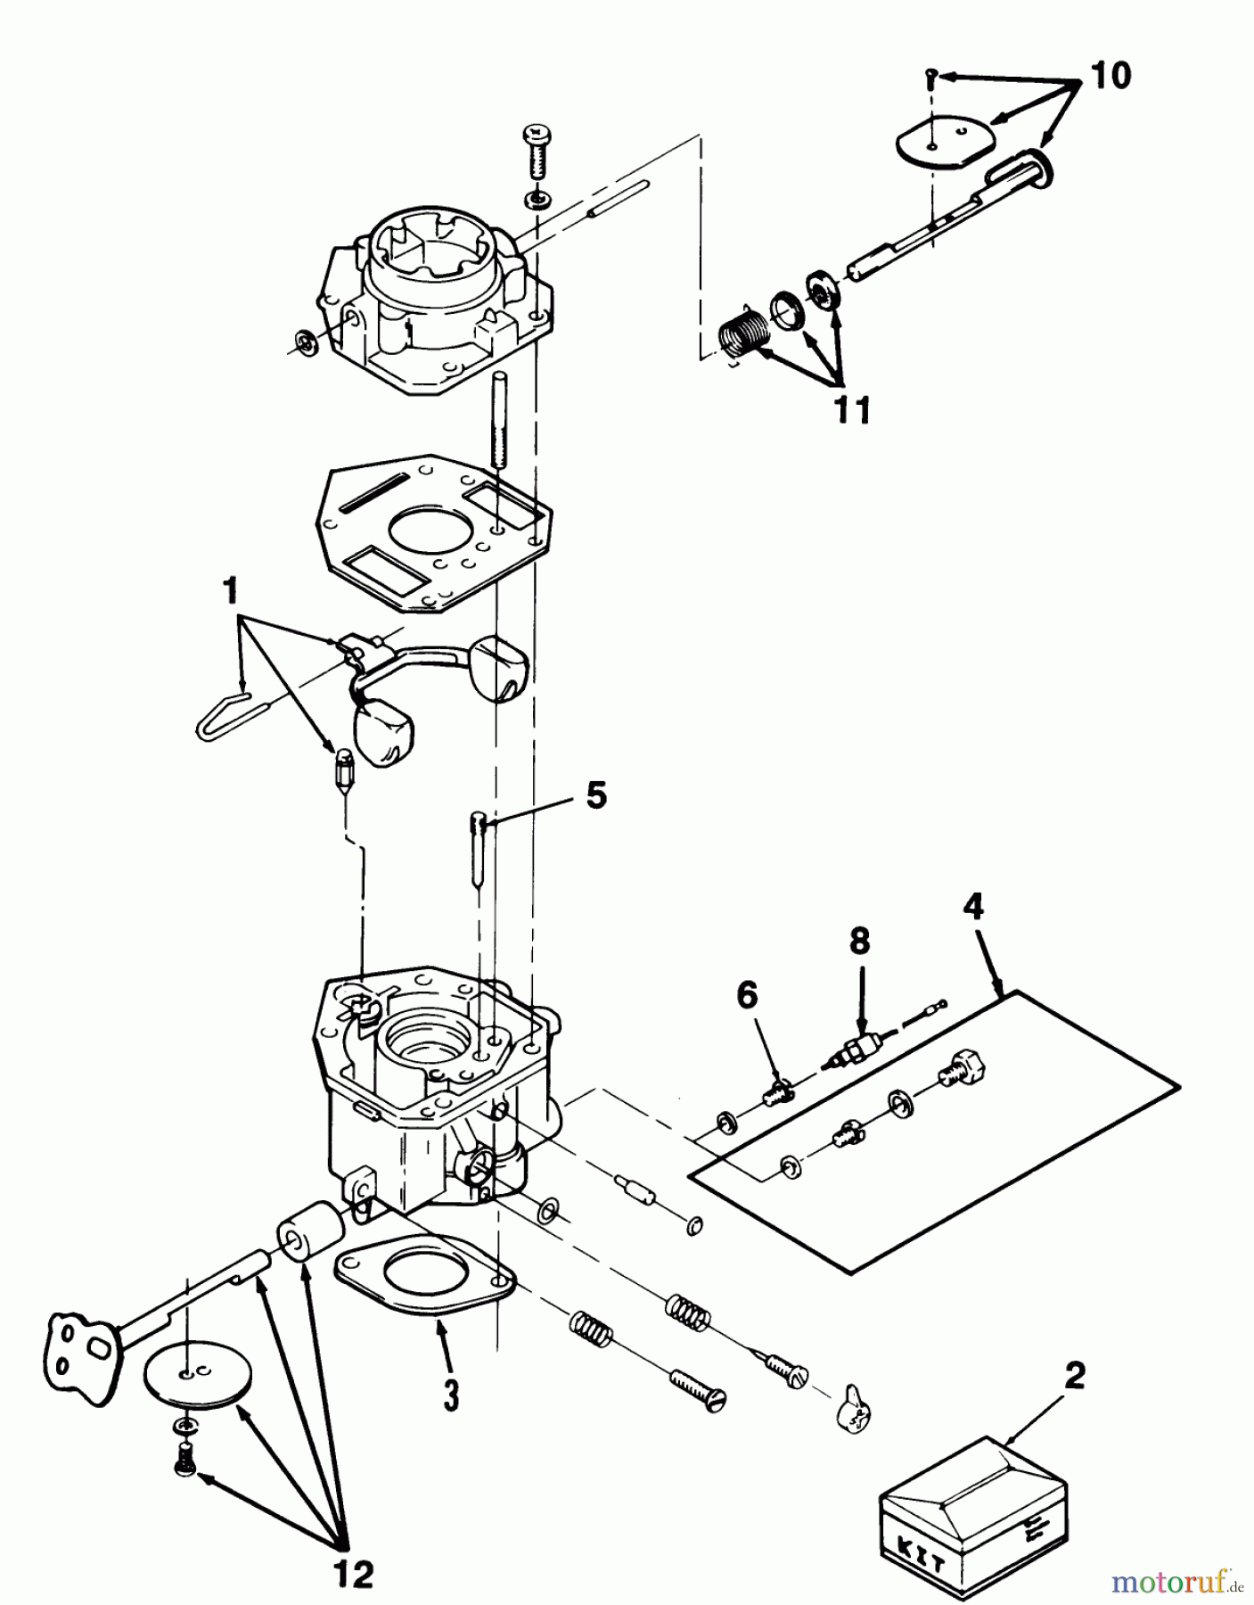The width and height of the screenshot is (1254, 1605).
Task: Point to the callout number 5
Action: coord(595,794)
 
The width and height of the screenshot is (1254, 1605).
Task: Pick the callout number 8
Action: coord(859,942)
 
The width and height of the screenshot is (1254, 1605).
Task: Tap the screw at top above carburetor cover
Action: coord(537,153)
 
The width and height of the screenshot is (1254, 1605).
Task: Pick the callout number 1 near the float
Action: coord(231,589)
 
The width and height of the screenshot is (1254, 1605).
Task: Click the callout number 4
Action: coord(974,907)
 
